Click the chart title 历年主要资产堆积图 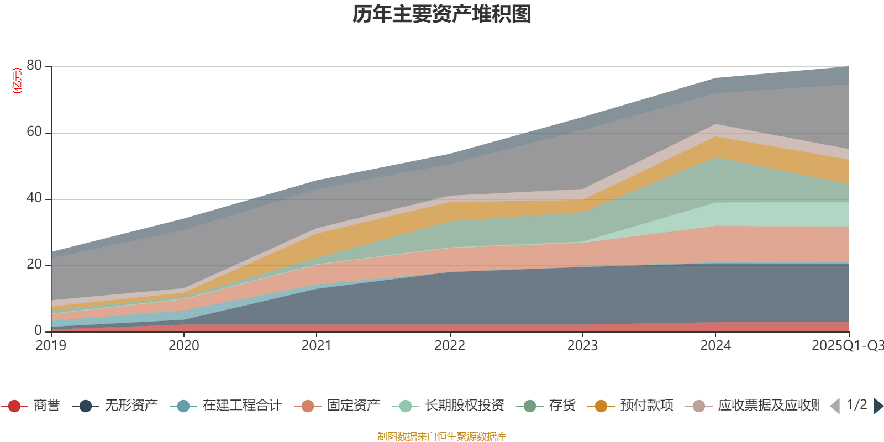point(442,14)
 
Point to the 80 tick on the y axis point(34,66)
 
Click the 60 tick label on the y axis point(34,132)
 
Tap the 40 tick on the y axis point(34,198)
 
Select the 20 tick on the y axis point(34,265)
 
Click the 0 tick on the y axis point(38,330)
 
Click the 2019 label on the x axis point(51,346)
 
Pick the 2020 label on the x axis point(183,346)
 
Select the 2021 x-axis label point(317,346)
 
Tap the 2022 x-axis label point(450,346)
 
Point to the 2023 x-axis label point(582,346)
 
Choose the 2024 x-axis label point(715,346)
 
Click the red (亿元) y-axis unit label point(17,81)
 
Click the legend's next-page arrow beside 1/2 point(878,406)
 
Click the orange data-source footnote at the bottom point(442,436)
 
